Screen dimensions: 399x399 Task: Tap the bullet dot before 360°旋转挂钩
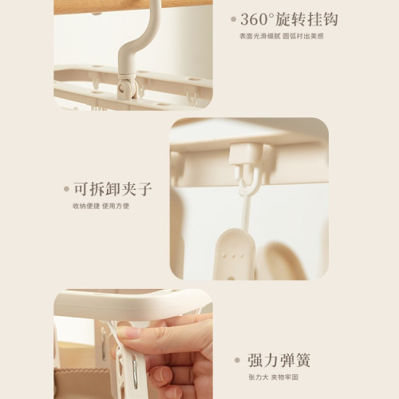pos(234,18)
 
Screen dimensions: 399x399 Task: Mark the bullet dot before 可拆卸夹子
pos(66,190)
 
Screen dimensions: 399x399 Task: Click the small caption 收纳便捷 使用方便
pos(101,206)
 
